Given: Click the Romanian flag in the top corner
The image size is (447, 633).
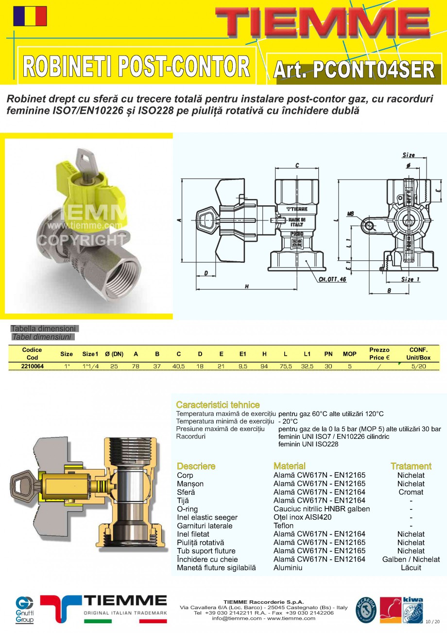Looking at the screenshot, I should click(x=30, y=16).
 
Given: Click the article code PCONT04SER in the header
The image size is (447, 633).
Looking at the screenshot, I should click(x=354, y=70).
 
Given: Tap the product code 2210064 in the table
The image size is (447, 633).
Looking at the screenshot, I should click(x=32, y=366).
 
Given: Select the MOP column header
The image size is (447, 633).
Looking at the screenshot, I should click(x=349, y=354).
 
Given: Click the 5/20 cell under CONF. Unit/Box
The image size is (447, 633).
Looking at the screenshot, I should click(x=418, y=366).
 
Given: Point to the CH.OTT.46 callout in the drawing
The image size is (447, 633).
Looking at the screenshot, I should click(x=332, y=279).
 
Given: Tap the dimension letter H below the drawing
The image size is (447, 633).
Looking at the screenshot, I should click(x=247, y=287).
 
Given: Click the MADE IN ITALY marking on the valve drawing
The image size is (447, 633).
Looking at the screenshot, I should click(x=297, y=222).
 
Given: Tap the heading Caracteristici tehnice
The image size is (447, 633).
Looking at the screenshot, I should click(x=218, y=405).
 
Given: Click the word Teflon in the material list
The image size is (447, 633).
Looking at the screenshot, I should click(x=283, y=525).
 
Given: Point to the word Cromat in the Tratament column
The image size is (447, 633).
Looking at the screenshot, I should click(x=411, y=492).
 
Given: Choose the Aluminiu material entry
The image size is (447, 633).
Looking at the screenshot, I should click(x=288, y=567).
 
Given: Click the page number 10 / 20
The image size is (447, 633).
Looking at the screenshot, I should click(x=432, y=622).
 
